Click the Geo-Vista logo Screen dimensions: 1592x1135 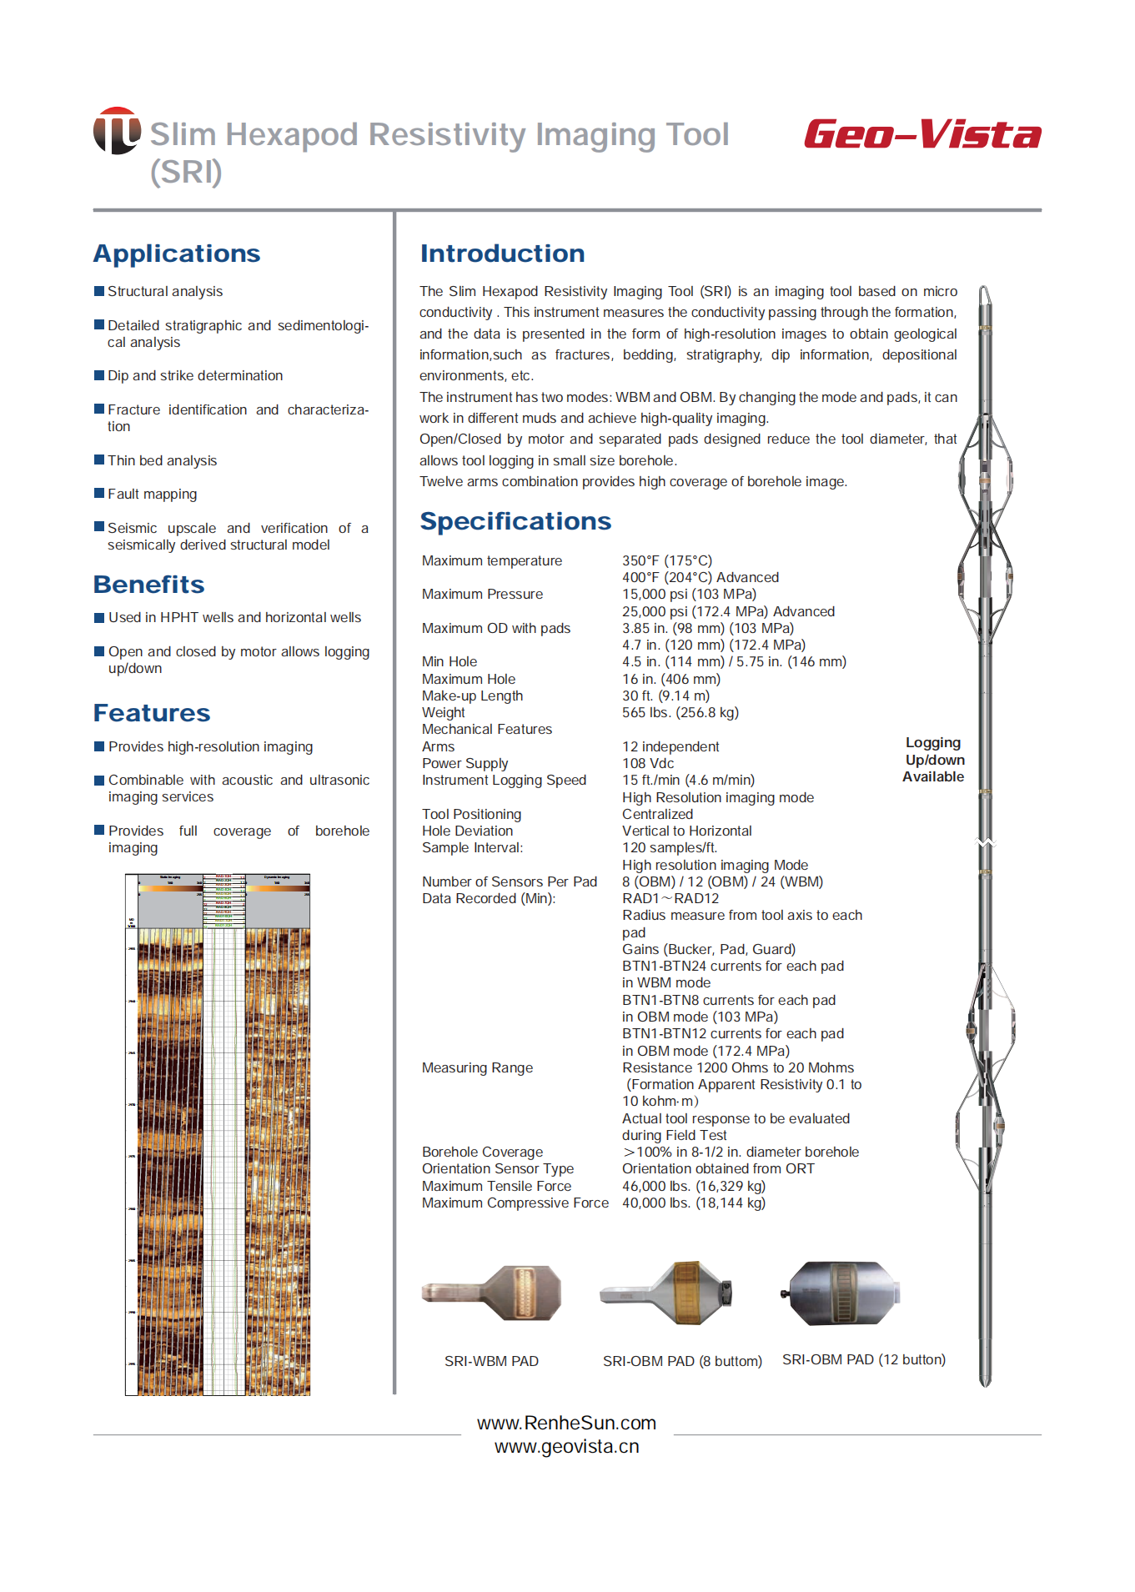(x=922, y=134)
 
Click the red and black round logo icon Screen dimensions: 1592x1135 (x=117, y=131)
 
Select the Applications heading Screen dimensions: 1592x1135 (x=177, y=254)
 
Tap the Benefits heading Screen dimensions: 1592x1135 (x=149, y=585)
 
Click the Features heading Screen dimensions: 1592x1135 (x=152, y=713)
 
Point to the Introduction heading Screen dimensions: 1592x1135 (x=502, y=254)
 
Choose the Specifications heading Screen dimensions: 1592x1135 (x=515, y=521)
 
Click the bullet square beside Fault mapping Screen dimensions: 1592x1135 (x=99, y=494)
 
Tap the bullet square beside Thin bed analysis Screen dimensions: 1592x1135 (x=99, y=460)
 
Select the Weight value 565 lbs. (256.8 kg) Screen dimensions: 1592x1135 (x=680, y=712)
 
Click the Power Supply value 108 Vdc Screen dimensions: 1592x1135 (x=648, y=763)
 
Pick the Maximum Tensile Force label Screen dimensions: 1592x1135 (x=496, y=1186)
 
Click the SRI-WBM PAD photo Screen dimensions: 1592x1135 (x=492, y=1293)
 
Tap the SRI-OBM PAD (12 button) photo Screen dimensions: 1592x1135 (x=841, y=1293)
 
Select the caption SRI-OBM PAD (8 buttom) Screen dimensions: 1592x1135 (x=682, y=1361)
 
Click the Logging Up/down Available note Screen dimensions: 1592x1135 (x=933, y=760)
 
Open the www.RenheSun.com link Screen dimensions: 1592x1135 (x=566, y=1423)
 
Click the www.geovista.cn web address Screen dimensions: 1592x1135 (x=566, y=1447)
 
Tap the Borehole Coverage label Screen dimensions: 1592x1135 (x=482, y=1152)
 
